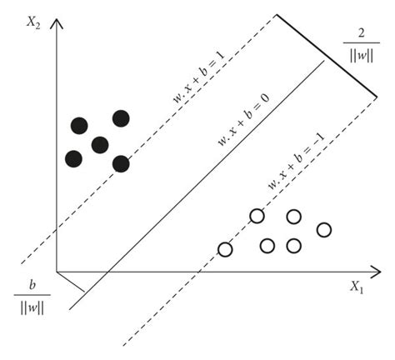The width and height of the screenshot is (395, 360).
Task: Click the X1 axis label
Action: [356, 287]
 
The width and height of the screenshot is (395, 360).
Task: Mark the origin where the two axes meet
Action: [56, 272]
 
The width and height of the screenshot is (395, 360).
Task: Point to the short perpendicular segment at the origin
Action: [72, 282]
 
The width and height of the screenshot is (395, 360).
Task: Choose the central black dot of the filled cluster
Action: [100, 145]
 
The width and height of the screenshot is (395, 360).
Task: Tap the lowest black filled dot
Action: [122, 163]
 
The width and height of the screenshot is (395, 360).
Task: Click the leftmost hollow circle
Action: [225, 248]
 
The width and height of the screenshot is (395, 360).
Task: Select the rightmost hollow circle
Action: [325, 229]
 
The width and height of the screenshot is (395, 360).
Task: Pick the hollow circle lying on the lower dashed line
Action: [257, 217]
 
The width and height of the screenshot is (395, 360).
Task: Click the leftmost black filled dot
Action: [73, 157]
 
